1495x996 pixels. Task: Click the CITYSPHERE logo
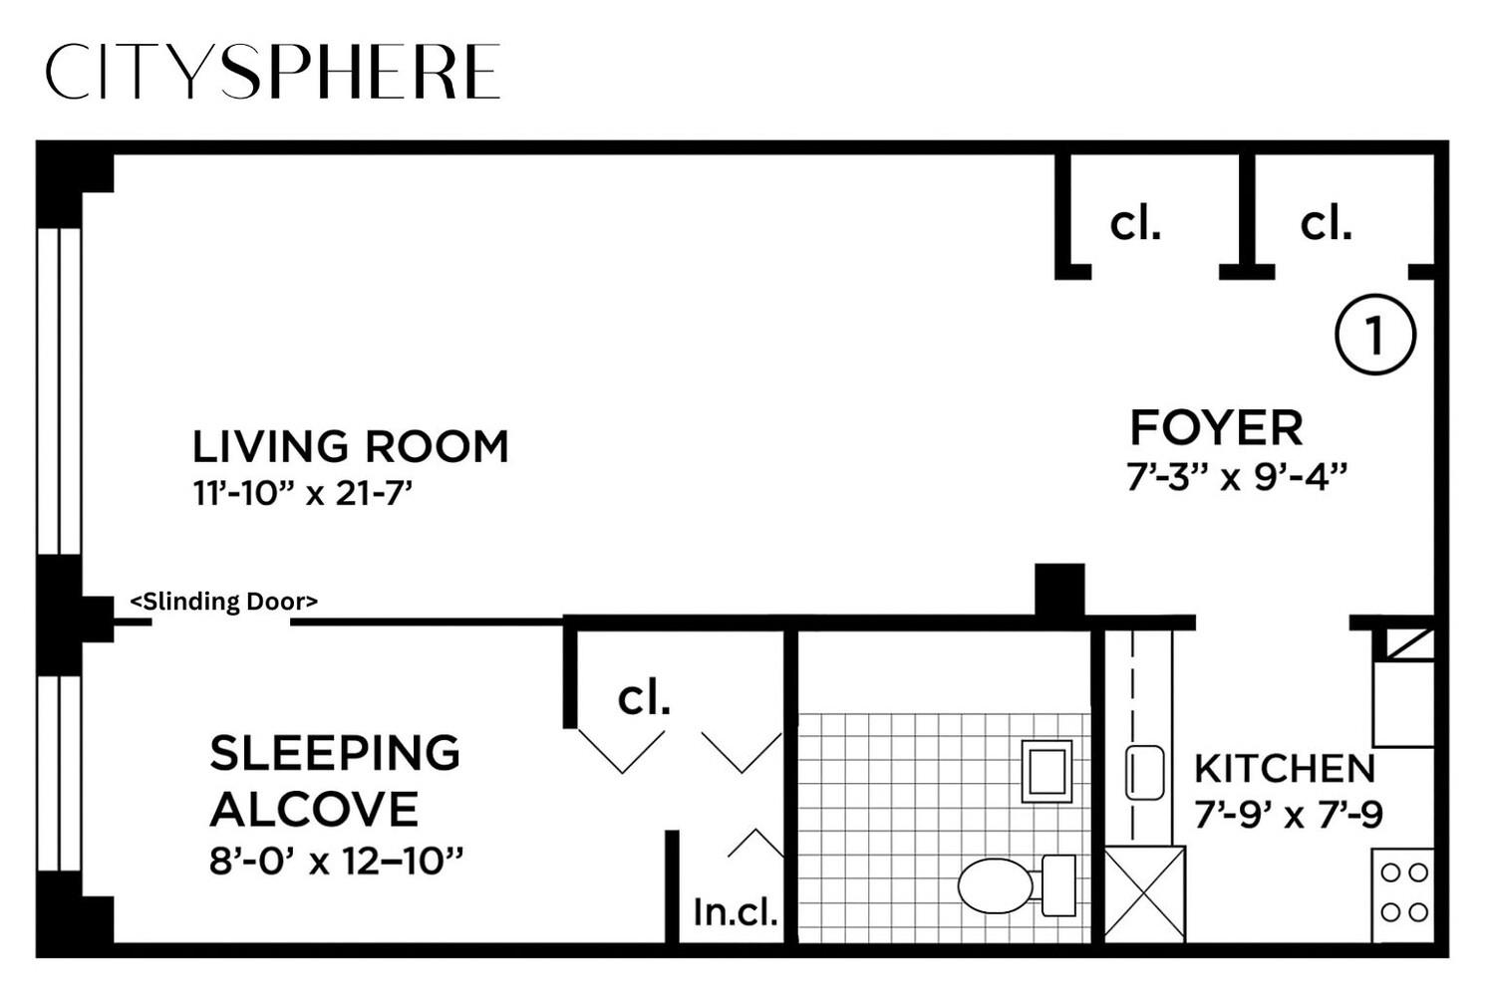pyautogui.click(x=272, y=72)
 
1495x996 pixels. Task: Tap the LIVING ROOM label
pyautogui.click(x=350, y=447)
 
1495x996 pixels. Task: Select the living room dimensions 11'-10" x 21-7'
pyautogui.click(x=303, y=493)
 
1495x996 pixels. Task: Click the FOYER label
pyautogui.click(x=1216, y=428)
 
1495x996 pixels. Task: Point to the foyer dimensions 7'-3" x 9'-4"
pyautogui.click(x=1237, y=477)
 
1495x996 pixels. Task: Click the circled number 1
pyautogui.click(x=1375, y=336)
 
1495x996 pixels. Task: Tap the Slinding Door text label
pyautogui.click(x=224, y=602)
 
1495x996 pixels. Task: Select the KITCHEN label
pyautogui.click(x=1285, y=769)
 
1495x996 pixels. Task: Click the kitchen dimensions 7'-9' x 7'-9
pyautogui.click(x=1289, y=816)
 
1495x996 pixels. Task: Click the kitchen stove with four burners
pyautogui.click(x=1403, y=892)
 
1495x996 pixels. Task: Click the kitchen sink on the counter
pyautogui.click(x=1145, y=773)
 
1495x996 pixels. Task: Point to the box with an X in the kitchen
pyautogui.click(x=1145, y=893)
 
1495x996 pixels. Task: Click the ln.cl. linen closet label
pyautogui.click(x=736, y=911)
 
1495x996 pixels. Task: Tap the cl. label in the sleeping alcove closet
pyautogui.click(x=644, y=698)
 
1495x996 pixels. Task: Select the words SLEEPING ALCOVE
pyautogui.click(x=334, y=781)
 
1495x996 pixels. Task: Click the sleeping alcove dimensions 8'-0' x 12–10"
pyautogui.click(x=337, y=861)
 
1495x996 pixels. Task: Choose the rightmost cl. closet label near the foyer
pyautogui.click(x=1326, y=224)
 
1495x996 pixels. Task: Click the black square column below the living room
pyautogui.click(x=1059, y=591)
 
